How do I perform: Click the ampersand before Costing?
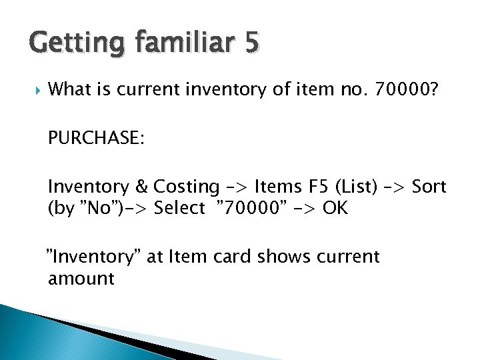click(142, 187)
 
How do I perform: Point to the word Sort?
click(429, 187)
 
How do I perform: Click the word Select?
click(179, 209)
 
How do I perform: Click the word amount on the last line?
click(81, 278)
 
